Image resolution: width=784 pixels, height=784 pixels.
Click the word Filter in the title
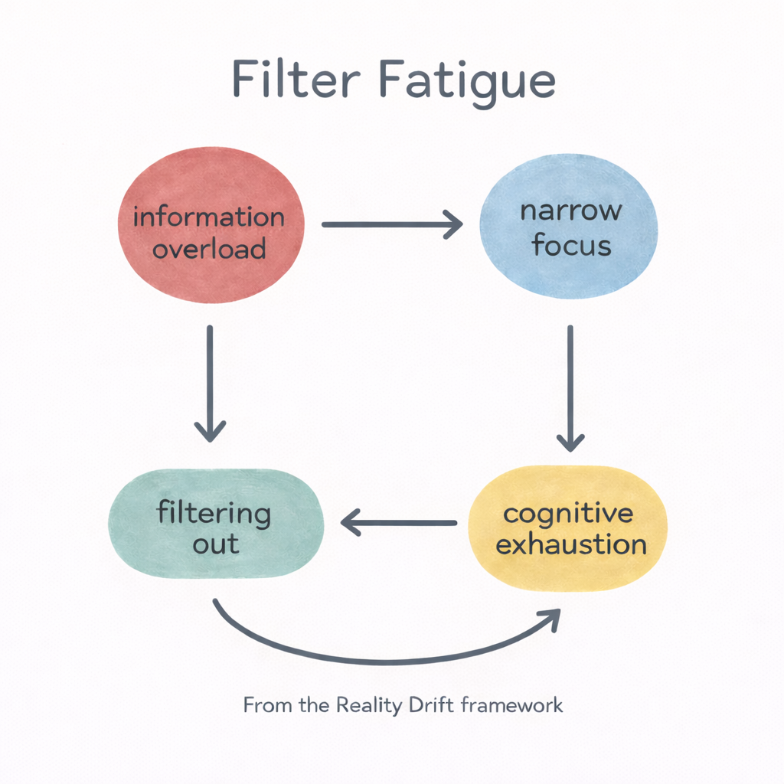pos(292,80)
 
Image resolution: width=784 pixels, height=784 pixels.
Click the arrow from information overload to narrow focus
pos(391,224)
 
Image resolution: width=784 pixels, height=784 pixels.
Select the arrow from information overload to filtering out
pos(210,383)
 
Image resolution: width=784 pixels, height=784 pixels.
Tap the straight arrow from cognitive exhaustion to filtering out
pos(398,524)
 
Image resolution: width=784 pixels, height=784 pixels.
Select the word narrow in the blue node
pos(571,211)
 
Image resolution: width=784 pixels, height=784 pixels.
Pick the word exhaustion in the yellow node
pos(570,545)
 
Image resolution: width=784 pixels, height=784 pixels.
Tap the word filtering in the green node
pos(214,513)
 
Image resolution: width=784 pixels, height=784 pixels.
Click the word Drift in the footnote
pos(423,704)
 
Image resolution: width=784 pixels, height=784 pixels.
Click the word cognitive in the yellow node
pos(568,513)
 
